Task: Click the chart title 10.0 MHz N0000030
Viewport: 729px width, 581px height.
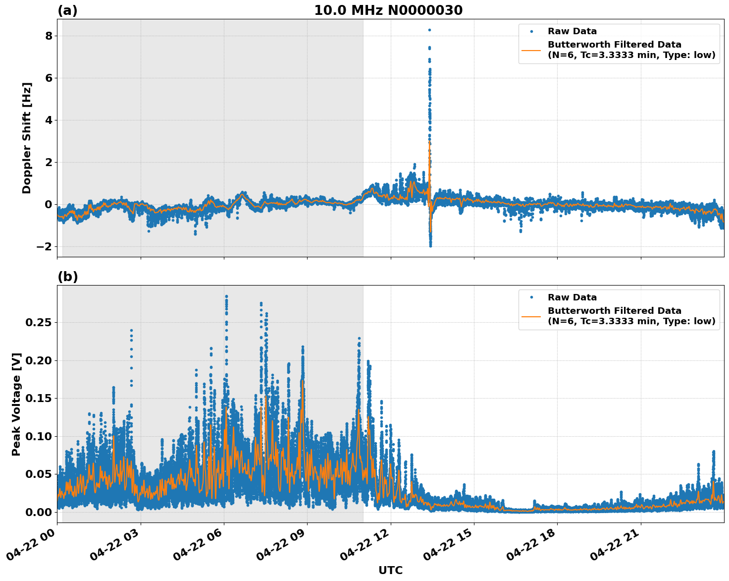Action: [x=388, y=10]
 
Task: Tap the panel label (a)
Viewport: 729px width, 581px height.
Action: [x=67, y=10]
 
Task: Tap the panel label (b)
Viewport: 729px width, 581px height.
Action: [x=67, y=277]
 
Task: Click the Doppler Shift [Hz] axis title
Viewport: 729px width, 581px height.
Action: [x=27, y=138]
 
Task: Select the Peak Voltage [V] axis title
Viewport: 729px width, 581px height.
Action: [x=16, y=404]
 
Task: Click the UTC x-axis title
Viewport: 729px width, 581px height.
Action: [x=390, y=570]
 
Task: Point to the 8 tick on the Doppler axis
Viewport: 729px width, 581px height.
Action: [x=49, y=36]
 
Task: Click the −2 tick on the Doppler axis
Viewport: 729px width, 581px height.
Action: [x=45, y=247]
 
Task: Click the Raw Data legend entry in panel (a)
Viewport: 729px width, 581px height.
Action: [x=572, y=31]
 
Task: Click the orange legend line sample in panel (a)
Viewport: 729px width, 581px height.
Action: [x=531, y=50]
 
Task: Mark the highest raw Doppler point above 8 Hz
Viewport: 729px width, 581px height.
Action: [x=429, y=30]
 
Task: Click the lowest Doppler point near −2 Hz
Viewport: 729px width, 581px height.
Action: [x=430, y=246]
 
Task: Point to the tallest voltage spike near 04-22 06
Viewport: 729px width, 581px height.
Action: [x=226, y=296]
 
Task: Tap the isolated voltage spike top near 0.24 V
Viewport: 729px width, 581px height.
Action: [x=131, y=330]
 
